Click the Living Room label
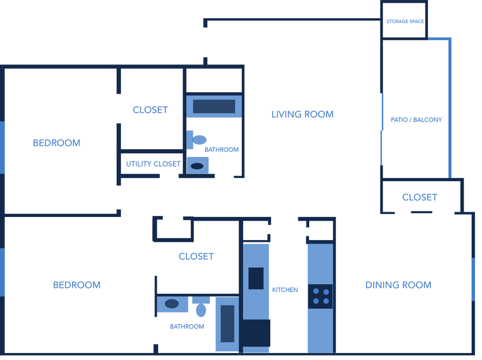click(302, 114)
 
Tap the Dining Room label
click(398, 285)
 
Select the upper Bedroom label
click(56, 143)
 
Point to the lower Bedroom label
click(77, 285)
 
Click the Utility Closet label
click(153, 164)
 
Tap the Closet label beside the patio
click(419, 197)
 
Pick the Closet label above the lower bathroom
click(196, 256)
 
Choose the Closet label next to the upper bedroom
click(150, 110)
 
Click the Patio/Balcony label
click(417, 120)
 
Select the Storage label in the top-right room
click(405, 22)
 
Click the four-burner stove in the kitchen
click(320, 296)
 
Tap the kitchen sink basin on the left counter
click(256, 278)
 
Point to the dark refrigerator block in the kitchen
click(257, 333)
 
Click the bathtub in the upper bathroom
click(214, 106)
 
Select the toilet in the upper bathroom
click(197, 140)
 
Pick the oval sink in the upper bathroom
click(198, 165)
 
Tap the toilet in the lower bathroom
click(201, 307)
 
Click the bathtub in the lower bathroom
click(227, 324)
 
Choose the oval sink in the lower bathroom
click(172, 304)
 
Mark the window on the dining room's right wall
click(473, 279)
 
